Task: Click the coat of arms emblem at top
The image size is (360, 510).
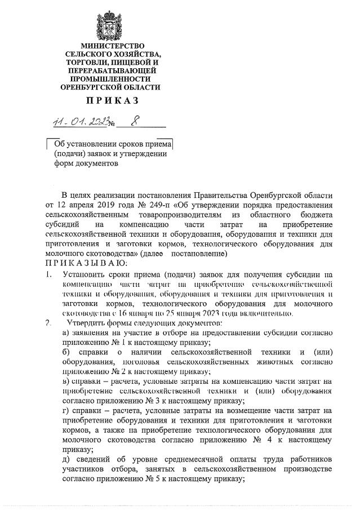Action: click(x=112, y=20)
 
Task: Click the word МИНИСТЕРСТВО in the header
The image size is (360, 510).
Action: click(x=112, y=46)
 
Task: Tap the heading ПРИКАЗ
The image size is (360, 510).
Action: click(x=112, y=101)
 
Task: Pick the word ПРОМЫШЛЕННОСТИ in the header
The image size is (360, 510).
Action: click(x=112, y=79)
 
